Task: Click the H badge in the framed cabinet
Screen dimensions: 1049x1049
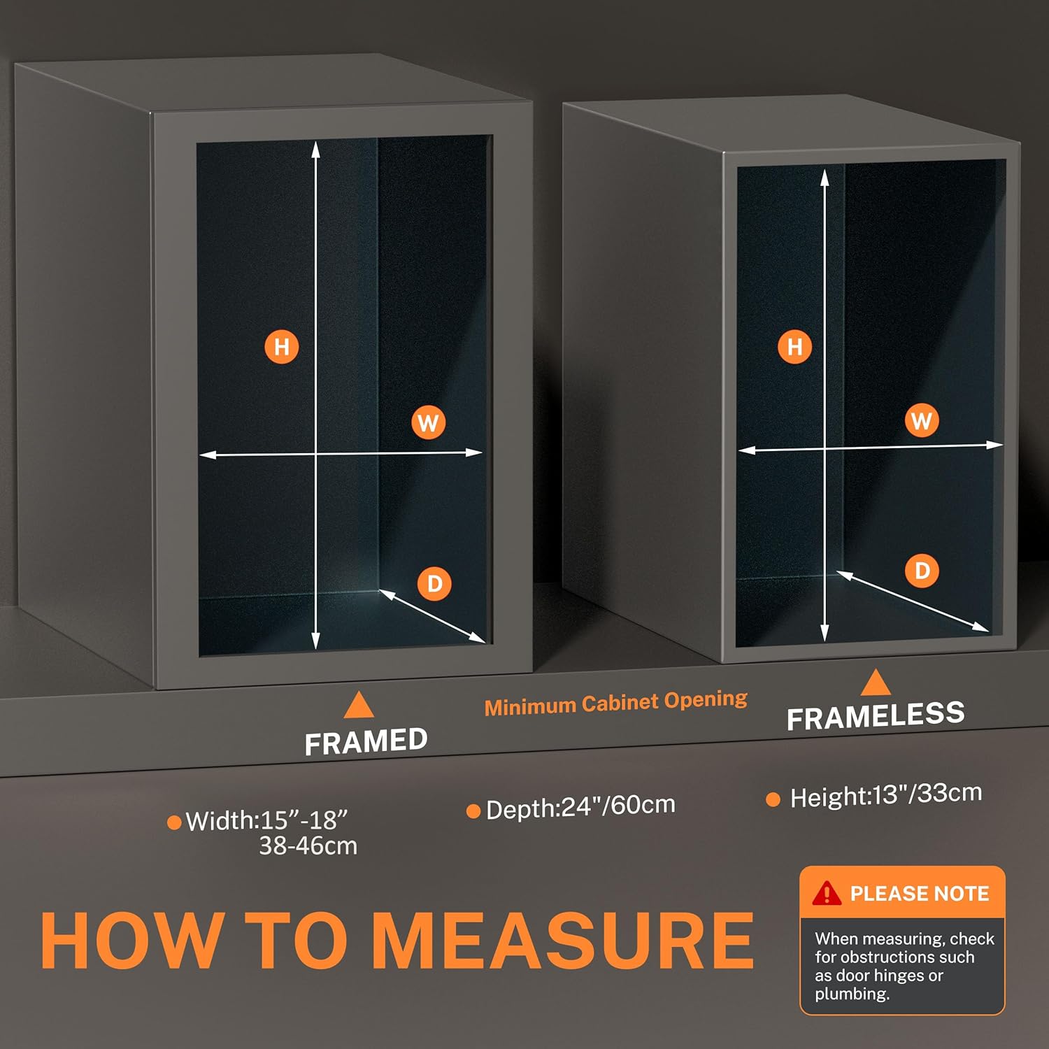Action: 282,347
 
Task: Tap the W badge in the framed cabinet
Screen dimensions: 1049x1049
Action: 428,422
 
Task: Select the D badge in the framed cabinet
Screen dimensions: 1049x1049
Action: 434,583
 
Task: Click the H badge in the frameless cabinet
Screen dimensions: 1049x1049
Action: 795,346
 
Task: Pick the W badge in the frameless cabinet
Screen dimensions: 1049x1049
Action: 922,420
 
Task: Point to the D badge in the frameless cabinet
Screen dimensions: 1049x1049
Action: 922,571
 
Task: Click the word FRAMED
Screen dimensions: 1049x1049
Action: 366,741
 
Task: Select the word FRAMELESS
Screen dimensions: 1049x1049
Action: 876,715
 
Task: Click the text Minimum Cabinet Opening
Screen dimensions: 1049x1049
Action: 616,703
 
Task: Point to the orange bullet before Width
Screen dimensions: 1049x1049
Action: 174,822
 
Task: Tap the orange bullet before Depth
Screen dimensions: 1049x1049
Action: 473,811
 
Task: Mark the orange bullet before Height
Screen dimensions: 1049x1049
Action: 773,799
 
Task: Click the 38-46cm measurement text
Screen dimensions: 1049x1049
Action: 308,846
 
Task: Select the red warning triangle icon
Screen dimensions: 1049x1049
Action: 827,893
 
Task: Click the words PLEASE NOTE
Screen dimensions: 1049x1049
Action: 920,894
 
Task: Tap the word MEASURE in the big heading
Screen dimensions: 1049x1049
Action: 563,941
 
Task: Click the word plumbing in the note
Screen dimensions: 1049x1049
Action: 852,994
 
